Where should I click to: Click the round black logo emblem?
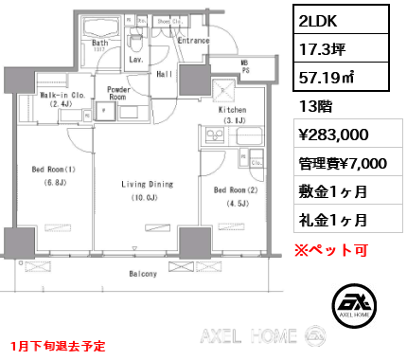coord(356,303)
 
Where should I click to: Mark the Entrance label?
coord(193,41)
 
